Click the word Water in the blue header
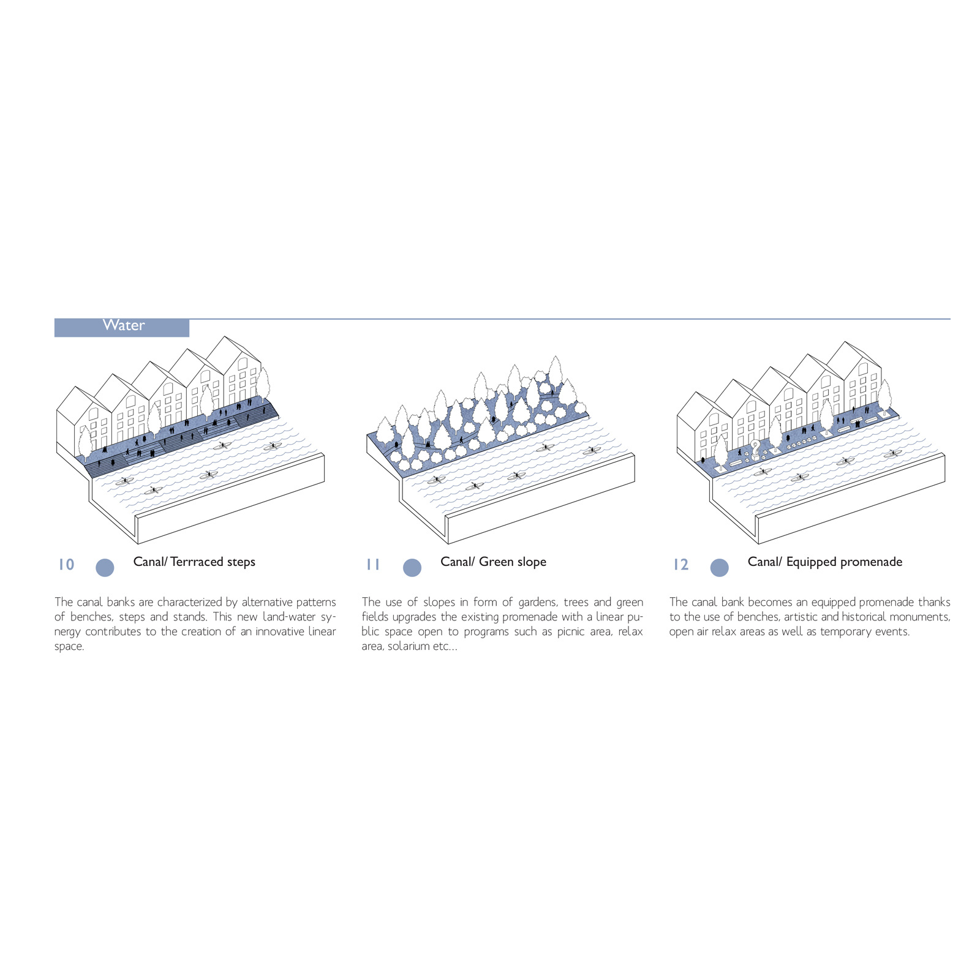[124, 325]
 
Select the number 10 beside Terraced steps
[66, 565]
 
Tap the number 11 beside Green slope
[373, 565]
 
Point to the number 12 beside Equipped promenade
[680, 565]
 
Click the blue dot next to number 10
[105, 568]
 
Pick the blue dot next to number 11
[412, 568]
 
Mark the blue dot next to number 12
[720, 568]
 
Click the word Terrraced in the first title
[197, 562]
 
